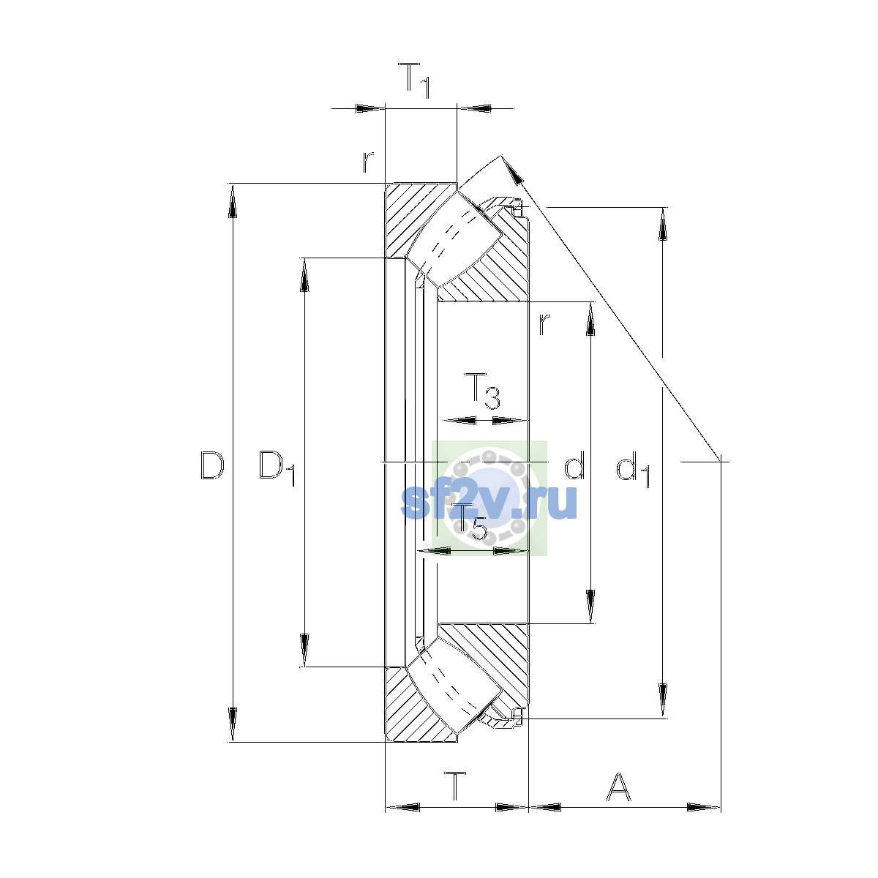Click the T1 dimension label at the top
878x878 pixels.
click(x=414, y=80)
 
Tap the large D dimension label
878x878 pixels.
click(x=212, y=465)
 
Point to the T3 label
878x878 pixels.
click(x=482, y=391)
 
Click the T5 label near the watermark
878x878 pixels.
click(x=470, y=522)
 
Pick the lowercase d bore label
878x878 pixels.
click(x=574, y=465)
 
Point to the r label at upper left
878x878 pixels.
click(x=368, y=162)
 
